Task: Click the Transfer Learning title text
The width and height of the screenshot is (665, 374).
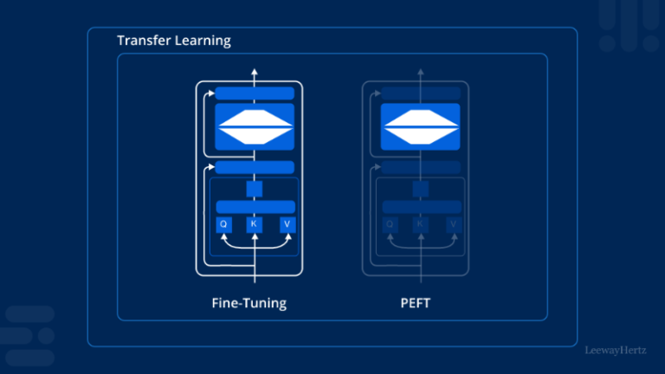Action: tap(174, 41)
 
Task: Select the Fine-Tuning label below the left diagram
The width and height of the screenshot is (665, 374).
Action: tap(249, 303)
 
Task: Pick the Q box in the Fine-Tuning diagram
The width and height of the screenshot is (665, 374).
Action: tap(223, 225)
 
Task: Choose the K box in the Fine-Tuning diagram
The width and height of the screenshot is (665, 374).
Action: tap(255, 225)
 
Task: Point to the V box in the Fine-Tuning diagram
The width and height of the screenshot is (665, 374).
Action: tap(287, 225)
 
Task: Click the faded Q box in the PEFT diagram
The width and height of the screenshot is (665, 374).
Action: tap(390, 225)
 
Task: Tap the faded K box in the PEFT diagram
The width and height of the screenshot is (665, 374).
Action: tap(421, 225)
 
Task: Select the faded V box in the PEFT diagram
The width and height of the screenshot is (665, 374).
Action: tap(453, 225)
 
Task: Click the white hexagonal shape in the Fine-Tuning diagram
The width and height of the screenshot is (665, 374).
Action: tap(255, 127)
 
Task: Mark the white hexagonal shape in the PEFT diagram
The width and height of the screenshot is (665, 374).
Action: tap(421, 127)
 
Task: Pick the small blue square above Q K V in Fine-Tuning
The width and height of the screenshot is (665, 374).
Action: tap(255, 188)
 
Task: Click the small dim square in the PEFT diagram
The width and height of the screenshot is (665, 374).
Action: tap(421, 188)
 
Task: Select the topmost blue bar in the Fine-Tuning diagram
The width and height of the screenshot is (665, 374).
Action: tap(255, 93)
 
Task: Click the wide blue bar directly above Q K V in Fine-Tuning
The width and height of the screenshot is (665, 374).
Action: tap(255, 207)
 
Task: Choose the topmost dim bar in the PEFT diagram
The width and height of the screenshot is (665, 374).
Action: tap(421, 93)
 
